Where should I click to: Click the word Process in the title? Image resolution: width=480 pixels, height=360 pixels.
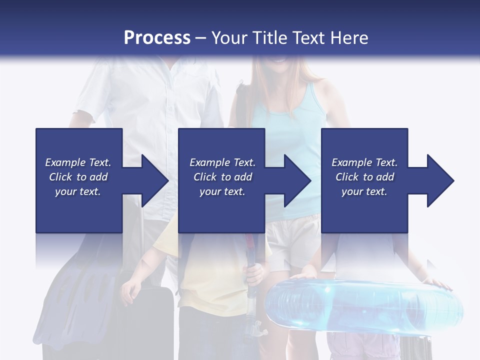157,37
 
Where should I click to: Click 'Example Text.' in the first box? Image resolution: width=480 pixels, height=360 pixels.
78,162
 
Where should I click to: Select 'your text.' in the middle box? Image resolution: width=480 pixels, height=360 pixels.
222,191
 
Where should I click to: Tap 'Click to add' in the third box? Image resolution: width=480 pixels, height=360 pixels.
364,177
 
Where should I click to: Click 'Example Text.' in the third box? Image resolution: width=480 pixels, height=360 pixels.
364,162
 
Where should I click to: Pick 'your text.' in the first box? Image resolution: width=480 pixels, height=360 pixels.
78,191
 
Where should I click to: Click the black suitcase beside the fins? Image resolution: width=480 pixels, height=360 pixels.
150,320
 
